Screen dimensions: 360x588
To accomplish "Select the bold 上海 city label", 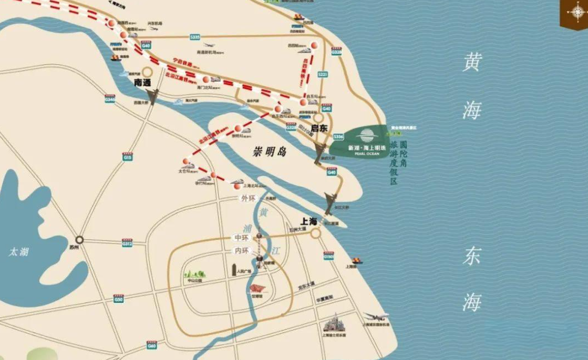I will click(x=309, y=221).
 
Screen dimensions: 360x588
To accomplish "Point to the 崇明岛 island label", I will click(x=271, y=152).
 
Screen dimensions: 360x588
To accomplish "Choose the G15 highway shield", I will click(x=128, y=157).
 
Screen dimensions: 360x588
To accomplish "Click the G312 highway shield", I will click(x=127, y=244).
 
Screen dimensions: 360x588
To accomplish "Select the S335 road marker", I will click(x=195, y=37).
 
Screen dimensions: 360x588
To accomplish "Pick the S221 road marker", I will click(x=323, y=74).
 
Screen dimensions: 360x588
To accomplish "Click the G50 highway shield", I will click(x=119, y=299).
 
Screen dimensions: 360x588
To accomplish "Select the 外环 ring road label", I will click(x=248, y=198).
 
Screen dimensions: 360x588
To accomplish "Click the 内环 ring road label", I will click(x=241, y=251).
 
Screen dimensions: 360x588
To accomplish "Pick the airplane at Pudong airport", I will click(x=375, y=315).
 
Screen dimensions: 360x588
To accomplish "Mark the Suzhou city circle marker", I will click(x=79, y=239).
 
